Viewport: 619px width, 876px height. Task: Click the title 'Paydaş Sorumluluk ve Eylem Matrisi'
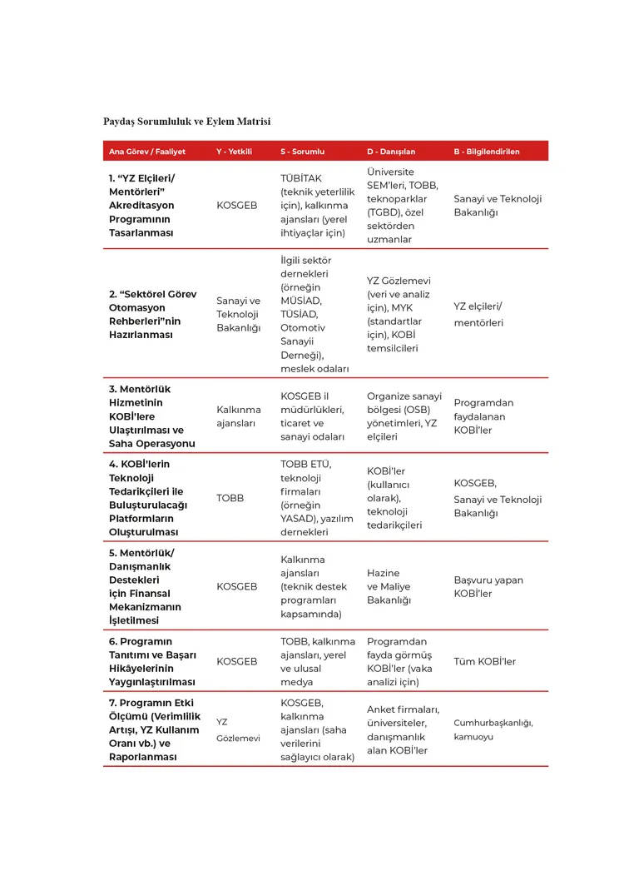pyautogui.click(x=186, y=122)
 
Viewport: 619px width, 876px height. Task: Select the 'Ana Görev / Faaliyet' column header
pyautogui.click(x=147, y=152)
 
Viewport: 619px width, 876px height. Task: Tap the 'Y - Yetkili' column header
pyautogui.click(x=234, y=152)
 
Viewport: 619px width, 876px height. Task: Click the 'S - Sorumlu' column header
pyautogui.click(x=302, y=152)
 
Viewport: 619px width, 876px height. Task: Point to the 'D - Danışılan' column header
pyautogui.click(x=391, y=152)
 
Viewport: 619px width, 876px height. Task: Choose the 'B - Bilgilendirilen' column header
pyautogui.click(x=487, y=152)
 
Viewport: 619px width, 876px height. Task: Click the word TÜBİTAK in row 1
pyautogui.click(x=301, y=178)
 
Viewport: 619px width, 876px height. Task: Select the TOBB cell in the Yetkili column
pyautogui.click(x=230, y=498)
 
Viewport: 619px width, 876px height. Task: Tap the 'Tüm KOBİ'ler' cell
pyautogui.click(x=484, y=662)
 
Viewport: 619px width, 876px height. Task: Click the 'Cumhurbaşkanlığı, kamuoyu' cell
pyautogui.click(x=493, y=729)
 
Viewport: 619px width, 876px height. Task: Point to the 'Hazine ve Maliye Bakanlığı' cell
pyautogui.click(x=389, y=586)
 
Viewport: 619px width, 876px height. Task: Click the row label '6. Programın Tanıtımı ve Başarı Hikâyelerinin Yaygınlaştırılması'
pyautogui.click(x=153, y=662)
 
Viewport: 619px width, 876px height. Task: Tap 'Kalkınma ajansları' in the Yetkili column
pyautogui.click(x=238, y=416)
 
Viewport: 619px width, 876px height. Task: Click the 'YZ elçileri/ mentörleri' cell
pyautogui.click(x=478, y=314)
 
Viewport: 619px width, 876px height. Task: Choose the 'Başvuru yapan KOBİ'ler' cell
pyautogui.click(x=488, y=586)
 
